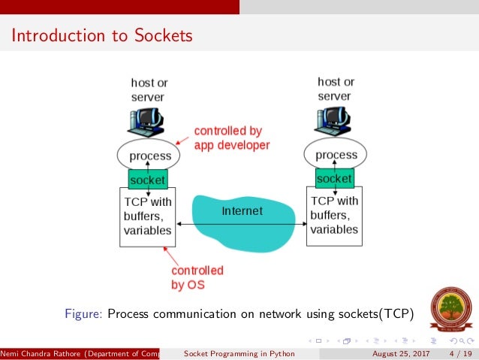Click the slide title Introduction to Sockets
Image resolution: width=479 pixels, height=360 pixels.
point(101,35)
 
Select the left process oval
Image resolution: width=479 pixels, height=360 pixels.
point(149,156)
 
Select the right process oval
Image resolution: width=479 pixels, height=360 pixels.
point(335,155)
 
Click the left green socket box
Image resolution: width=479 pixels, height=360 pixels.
point(148,180)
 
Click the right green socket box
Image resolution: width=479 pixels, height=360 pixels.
point(334,179)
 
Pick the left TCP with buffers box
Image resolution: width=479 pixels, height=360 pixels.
point(148,216)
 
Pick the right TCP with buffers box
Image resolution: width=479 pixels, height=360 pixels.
point(334,216)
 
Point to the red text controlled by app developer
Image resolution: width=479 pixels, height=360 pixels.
point(231,138)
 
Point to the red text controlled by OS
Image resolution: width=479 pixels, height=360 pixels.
point(197,278)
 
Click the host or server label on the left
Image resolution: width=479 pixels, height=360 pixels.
point(148,89)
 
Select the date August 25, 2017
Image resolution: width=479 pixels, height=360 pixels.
point(402,354)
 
